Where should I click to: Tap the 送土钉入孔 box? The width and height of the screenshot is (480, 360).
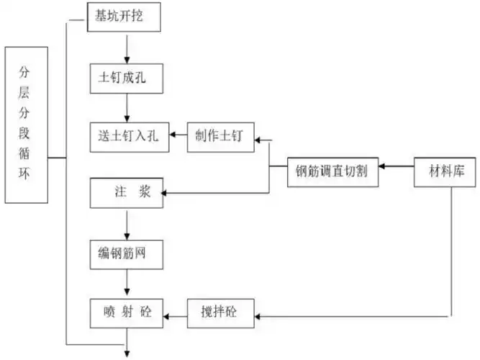pos(129,135)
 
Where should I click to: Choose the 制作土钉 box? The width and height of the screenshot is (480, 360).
pos(220,135)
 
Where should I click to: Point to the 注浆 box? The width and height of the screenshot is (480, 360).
pos(127,193)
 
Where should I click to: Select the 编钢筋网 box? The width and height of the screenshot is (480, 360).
pos(127,253)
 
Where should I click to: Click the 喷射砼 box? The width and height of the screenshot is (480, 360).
pos(127,312)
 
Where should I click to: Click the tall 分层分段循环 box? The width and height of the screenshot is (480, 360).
pos(27,125)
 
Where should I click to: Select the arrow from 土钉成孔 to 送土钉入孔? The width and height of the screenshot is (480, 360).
pos(127,107)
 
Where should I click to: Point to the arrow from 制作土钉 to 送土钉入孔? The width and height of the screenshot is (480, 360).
pos(178,135)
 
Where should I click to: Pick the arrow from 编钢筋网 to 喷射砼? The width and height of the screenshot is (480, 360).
pos(127,283)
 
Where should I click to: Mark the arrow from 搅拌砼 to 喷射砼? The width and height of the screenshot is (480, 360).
pos(178,314)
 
